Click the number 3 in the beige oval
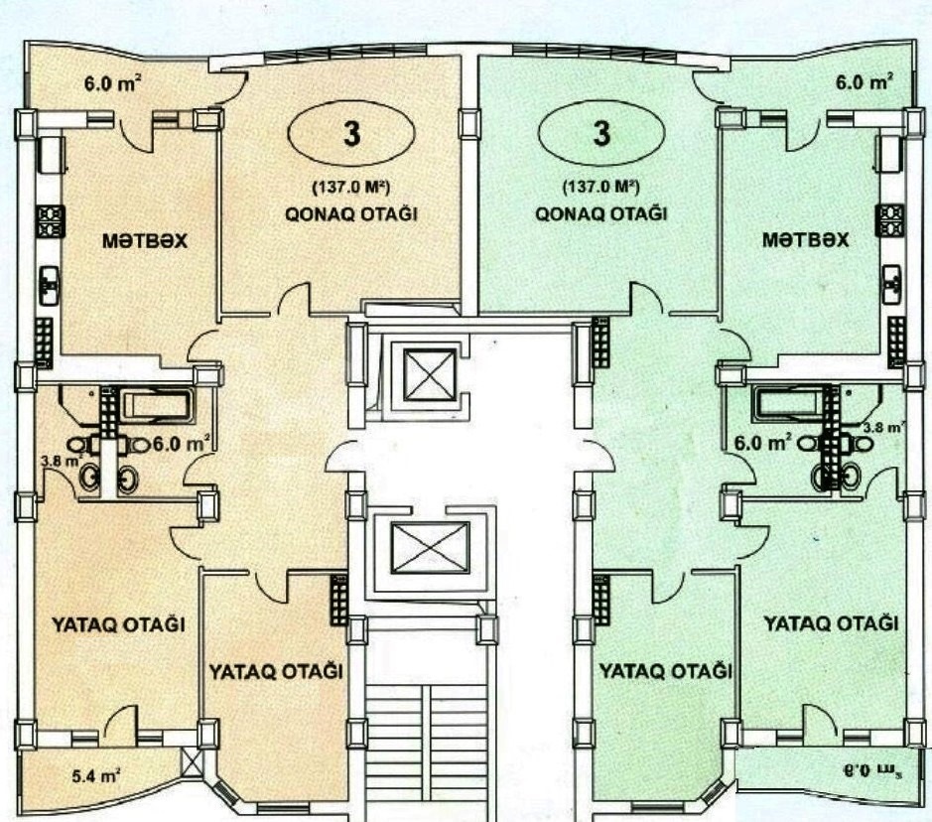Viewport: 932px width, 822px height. pyautogui.click(x=352, y=134)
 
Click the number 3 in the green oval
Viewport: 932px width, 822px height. pyautogui.click(x=601, y=133)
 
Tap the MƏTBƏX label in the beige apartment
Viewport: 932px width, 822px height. pyautogui.click(x=145, y=240)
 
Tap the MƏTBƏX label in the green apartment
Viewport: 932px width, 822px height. pyautogui.click(x=805, y=240)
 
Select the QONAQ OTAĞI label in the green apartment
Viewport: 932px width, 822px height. pyautogui.click(x=600, y=213)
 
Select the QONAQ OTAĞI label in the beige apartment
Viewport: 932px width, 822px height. pyautogui.click(x=350, y=214)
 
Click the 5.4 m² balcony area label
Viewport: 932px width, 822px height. pyautogui.click(x=97, y=775)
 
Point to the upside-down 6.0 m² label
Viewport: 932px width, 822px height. pyautogui.click(x=869, y=771)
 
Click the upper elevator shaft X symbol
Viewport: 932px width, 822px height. pyautogui.click(x=429, y=374)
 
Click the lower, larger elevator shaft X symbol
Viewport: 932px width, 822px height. pyautogui.click(x=430, y=548)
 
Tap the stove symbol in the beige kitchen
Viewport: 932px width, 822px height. pyautogui.click(x=51, y=221)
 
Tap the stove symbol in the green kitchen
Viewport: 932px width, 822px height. pyautogui.click(x=889, y=221)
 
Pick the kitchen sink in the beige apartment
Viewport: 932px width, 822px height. pyautogui.click(x=50, y=286)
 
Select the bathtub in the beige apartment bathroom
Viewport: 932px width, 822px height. pyautogui.click(x=157, y=404)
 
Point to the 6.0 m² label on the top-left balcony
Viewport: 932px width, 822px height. pyautogui.click(x=112, y=83)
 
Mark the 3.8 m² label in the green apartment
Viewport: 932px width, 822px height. pyautogui.click(x=883, y=426)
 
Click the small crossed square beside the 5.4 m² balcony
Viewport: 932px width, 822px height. pyautogui.click(x=192, y=762)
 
